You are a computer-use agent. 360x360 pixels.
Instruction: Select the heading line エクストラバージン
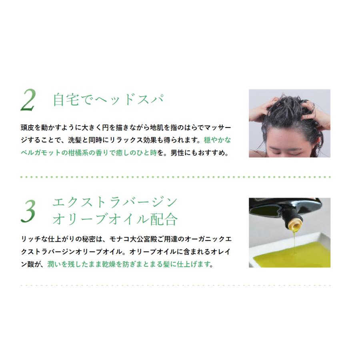click(115, 202)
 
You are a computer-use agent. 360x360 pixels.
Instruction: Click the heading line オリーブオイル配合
click(115, 219)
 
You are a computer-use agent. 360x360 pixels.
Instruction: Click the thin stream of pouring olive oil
click(294, 244)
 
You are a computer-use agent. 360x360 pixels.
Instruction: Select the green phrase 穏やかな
click(218, 140)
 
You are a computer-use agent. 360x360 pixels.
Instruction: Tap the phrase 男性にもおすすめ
click(202, 153)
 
